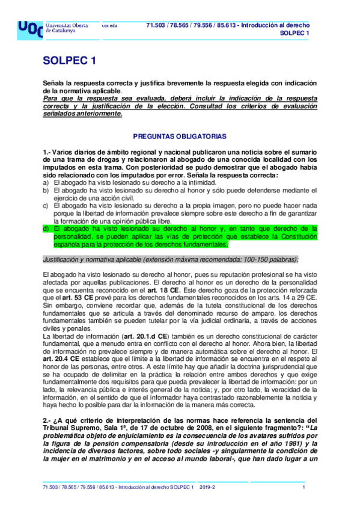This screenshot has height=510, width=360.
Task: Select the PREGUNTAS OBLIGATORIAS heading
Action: click(x=180, y=137)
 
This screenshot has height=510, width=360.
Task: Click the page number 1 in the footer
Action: click(x=304, y=487)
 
